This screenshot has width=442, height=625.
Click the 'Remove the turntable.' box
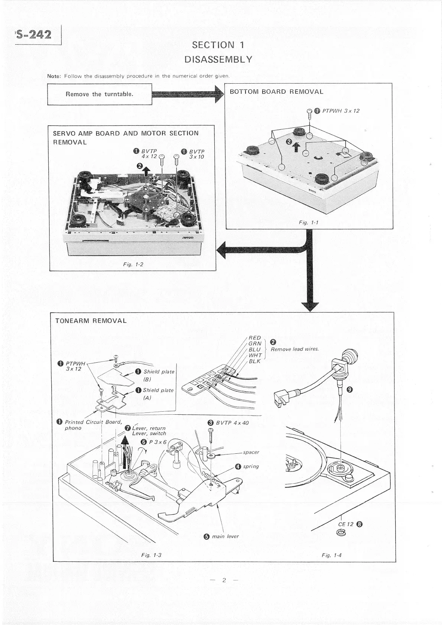[x=100, y=94]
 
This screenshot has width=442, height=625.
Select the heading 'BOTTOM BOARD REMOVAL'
[x=276, y=91]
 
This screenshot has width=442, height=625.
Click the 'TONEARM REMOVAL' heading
[x=91, y=321]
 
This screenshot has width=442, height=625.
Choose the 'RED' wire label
[x=254, y=338]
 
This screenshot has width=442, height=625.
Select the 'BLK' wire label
[x=255, y=361]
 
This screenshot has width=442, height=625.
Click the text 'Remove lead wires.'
[x=295, y=349]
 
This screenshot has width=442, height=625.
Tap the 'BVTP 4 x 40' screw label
[x=232, y=423]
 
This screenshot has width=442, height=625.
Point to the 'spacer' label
[x=251, y=452]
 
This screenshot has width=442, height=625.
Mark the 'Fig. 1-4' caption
[x=332, y=556]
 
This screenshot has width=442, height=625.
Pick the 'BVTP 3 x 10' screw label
[x=196, y=154]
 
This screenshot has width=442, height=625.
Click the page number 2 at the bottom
[x=224, y=580]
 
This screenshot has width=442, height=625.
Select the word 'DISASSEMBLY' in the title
[x=218, y=59]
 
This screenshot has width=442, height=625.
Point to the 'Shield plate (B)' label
[x=159, y=375]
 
